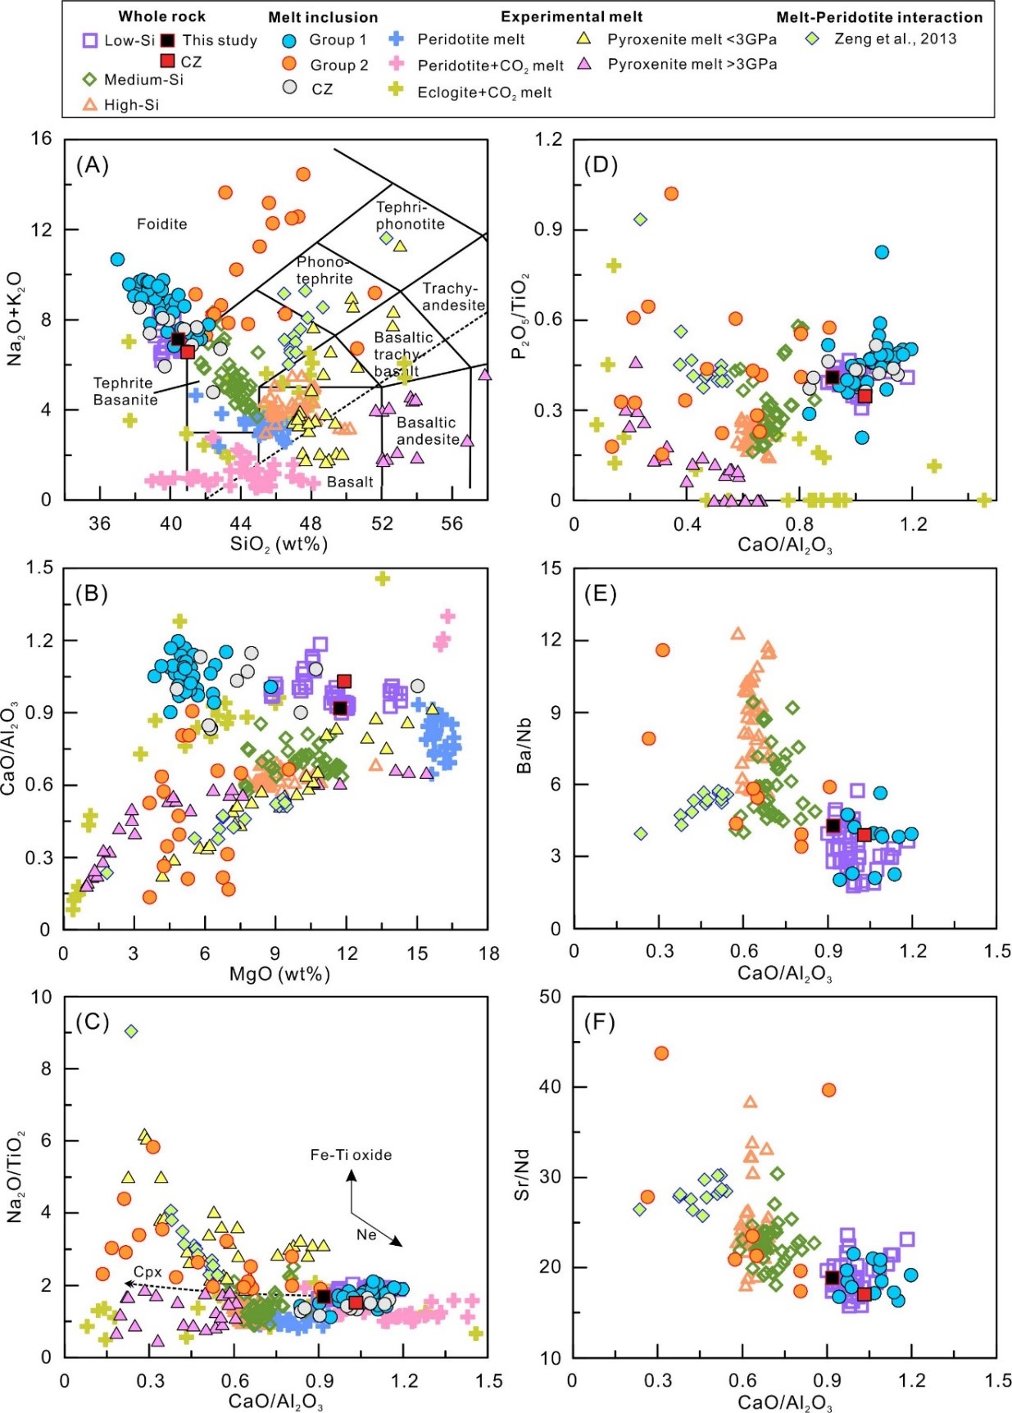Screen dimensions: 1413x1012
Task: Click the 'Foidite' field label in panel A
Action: pos(161,224)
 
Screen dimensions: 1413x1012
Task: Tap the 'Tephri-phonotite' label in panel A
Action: pos(410,215)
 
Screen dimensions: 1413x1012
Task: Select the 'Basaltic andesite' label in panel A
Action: pos(426,431)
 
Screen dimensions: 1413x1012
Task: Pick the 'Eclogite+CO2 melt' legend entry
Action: pos(483,92)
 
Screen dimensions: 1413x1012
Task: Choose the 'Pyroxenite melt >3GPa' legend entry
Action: pos(692,64)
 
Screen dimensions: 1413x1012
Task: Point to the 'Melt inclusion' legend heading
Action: pos(323,17)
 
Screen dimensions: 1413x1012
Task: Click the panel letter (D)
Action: pos(601,165)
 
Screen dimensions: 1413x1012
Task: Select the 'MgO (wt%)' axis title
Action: pos(279,973)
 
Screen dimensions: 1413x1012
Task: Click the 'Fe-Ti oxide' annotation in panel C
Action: pos(351,1155)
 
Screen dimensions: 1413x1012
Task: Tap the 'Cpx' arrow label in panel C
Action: pos(147,1272)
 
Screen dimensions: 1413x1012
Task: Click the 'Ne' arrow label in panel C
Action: pos(365,1234)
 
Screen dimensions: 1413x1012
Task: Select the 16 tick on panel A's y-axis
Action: pos(41,138)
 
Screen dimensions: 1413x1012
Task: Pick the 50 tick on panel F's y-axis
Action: pos(550,997)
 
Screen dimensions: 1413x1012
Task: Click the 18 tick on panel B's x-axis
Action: pos(489,953)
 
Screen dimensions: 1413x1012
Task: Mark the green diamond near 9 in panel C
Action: pos(130,1031)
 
